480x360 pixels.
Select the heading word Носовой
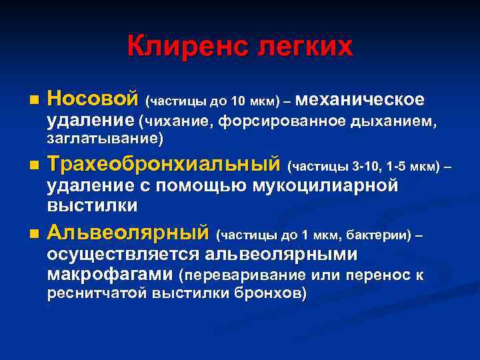click(x=93, y=99)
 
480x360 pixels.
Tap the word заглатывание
click(x=104, y=139)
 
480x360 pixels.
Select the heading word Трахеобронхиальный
click(x=163, y=164)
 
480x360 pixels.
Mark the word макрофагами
click(x=111, y=274)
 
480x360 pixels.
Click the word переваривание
click(x=236, y=275)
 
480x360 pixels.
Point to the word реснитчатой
click(x=97, y=293)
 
